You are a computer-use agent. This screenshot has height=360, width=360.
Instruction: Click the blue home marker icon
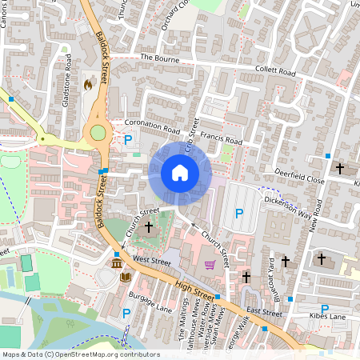(x=180, y=173)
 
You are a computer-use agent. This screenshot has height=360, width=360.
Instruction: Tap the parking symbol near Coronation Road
(x=127, y=140)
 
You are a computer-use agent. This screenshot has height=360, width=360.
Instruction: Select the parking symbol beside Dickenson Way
(x=239, y=214)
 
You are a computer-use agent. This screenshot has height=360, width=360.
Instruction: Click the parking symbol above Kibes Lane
(x=325, y=309)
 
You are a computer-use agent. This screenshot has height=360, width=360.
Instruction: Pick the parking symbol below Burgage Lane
(x=126, y=313)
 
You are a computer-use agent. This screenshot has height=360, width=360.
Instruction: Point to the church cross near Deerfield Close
(x=340, y=169)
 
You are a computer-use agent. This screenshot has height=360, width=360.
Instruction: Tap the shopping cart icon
(x=210, y=266)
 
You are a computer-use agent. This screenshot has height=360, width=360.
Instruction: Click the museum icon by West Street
(x=117, y=263)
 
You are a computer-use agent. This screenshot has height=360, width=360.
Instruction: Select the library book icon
(x=125, y=277)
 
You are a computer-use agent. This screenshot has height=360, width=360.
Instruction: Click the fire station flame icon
(x=88, y=83)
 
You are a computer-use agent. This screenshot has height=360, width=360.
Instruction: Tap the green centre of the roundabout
(x=98, y=133)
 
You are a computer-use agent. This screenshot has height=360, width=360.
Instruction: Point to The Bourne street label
(x=157, y=58)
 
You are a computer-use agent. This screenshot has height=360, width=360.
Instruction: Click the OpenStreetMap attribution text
(x=80, y=354)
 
